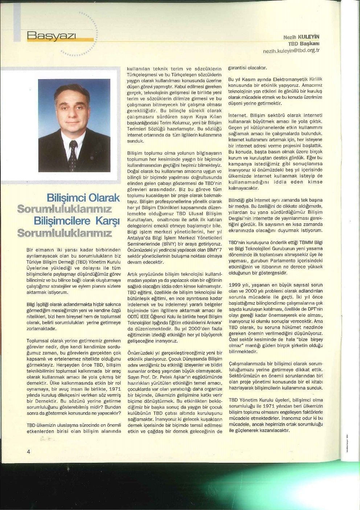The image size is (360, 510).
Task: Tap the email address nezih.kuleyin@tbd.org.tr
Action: (291, 50)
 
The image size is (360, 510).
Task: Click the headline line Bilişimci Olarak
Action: (83, 198)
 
